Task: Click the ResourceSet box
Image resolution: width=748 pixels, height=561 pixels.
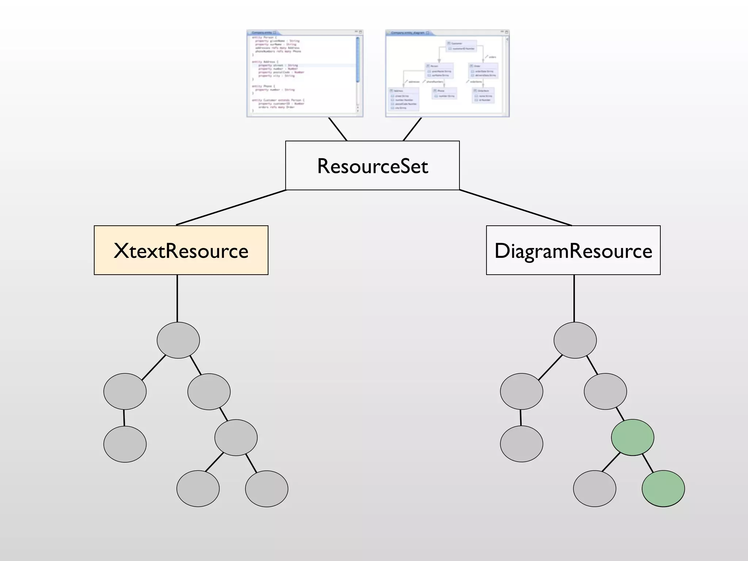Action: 372,165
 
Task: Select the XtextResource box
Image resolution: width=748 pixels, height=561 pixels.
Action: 181,250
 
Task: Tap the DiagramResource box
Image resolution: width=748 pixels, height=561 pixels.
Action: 573,250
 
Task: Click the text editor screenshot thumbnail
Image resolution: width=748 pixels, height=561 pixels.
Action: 304,73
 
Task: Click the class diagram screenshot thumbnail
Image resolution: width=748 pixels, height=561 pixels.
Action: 447,73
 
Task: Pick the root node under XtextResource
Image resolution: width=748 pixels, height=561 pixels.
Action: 178,340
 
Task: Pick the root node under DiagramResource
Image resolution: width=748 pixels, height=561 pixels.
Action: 575,340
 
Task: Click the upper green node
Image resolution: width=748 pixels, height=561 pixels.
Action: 633,437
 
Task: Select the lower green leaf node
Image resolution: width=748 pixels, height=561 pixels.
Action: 663,488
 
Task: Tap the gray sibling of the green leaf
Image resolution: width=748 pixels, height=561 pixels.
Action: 595,488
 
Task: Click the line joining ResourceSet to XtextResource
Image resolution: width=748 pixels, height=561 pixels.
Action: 231,207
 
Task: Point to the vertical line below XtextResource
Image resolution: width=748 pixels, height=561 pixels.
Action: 177,298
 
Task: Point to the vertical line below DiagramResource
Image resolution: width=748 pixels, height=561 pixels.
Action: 574,298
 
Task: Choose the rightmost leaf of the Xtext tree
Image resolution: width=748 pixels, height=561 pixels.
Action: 267,488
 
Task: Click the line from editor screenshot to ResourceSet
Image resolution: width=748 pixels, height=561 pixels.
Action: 337,129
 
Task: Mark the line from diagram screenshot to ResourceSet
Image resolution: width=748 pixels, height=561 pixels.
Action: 412,129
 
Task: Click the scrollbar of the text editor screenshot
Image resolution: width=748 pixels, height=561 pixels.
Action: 358,60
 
